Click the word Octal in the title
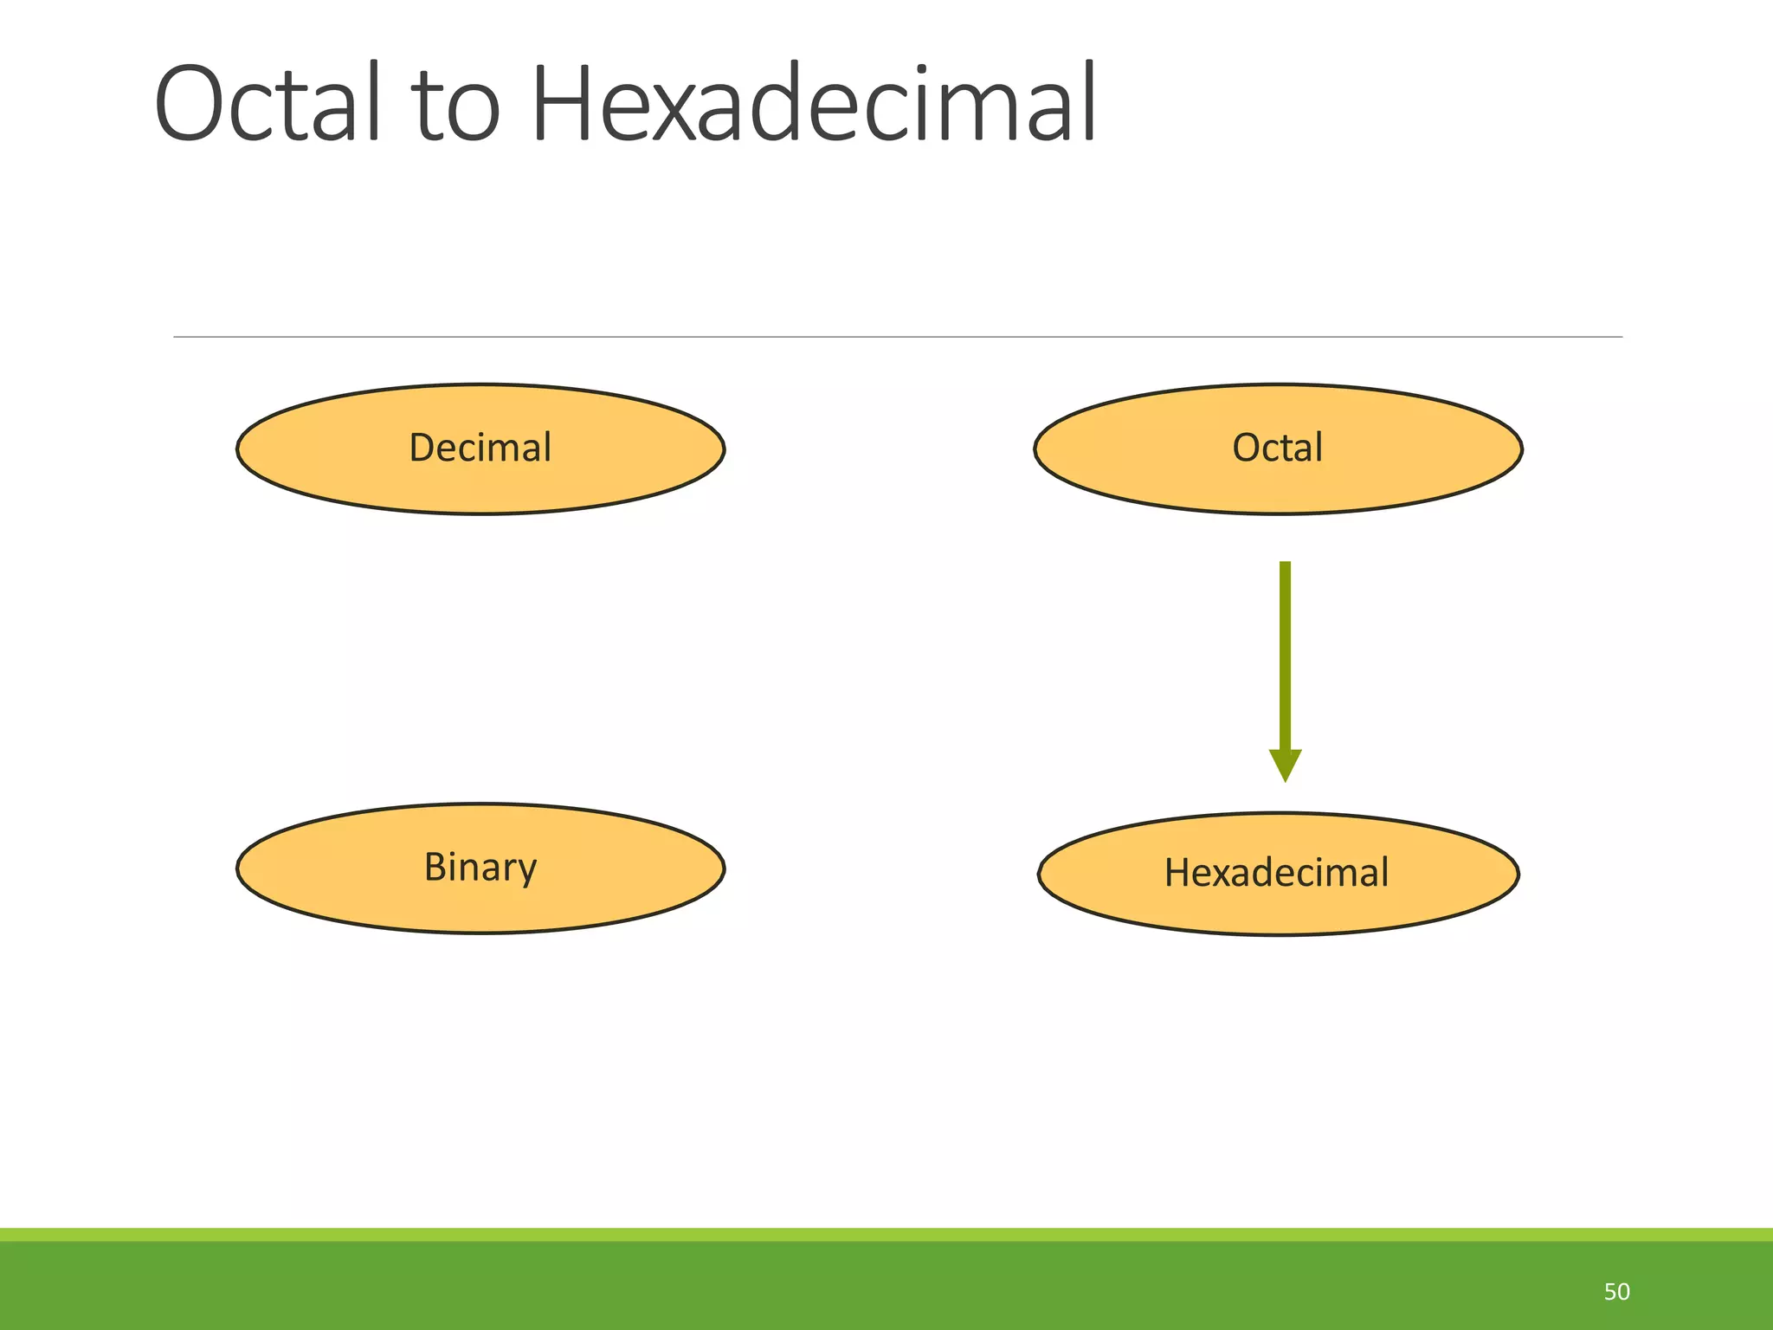click(268, 104)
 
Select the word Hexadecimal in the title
click(814, 104)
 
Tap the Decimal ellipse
click(480, 449)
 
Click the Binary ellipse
click(480, 868)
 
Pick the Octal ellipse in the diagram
click(1278, 449)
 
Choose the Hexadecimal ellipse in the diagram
click(1278, 874)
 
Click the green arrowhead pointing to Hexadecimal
click(1285, 764)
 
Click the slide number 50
click(1616, 1292)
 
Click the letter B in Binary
click(435, 867)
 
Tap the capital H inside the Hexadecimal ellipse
click(1178, 873)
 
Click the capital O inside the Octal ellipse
click(1247, 449)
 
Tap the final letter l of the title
click(1090, 102)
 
